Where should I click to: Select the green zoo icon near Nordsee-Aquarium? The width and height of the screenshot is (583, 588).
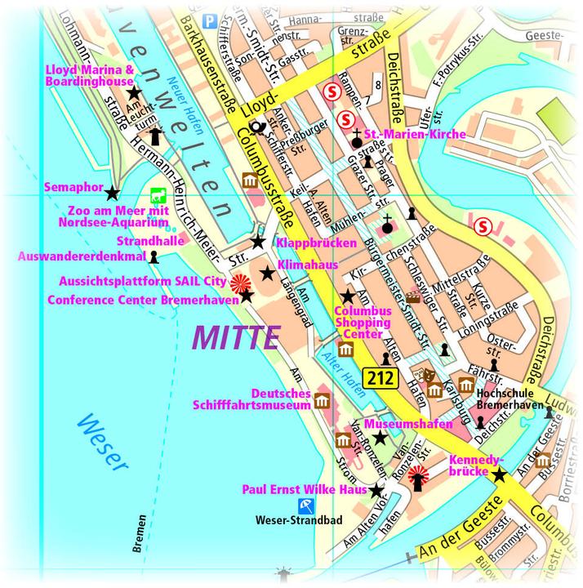158,196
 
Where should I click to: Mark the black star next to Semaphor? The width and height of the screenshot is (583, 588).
112,192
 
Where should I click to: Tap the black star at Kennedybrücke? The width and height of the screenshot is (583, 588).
498,475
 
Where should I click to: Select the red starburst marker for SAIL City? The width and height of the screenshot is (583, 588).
239,283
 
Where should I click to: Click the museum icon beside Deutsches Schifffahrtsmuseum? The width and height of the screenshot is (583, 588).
322,401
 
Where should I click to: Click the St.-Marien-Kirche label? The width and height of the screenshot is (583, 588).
415,134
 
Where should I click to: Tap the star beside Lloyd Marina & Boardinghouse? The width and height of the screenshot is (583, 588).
134,94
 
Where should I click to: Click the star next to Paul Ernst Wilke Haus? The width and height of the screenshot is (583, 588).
376,491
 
